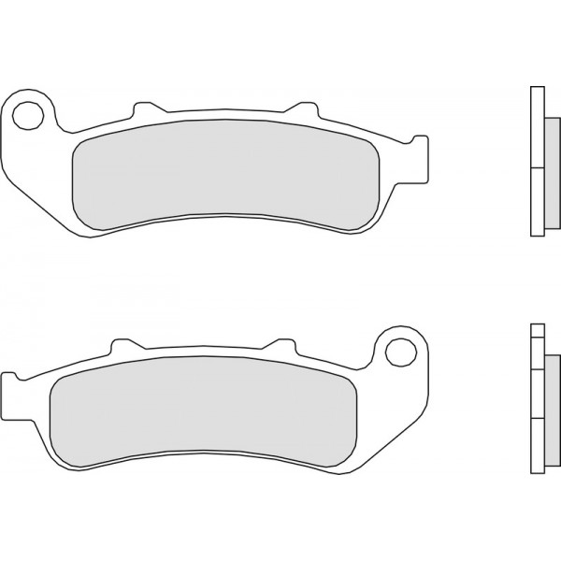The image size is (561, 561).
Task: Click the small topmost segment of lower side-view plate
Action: [535, 328]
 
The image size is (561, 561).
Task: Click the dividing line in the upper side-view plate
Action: [535, 167]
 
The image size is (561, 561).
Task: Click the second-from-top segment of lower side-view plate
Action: [535, 351]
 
